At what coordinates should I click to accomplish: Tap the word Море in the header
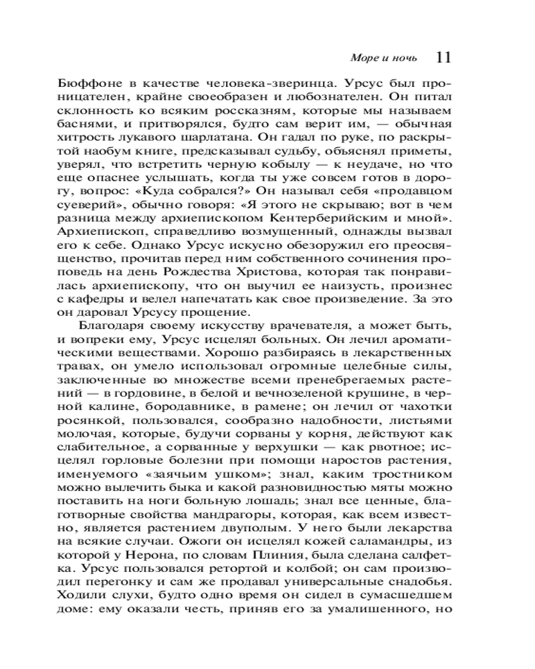(x=362, y=58)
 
